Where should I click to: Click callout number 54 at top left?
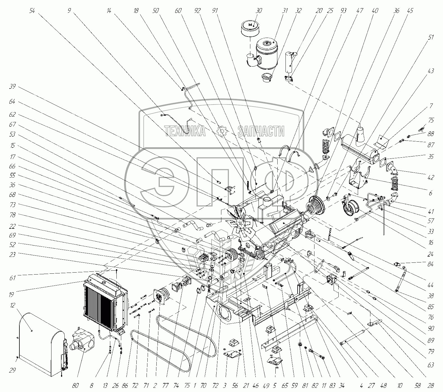[x=32, y=11]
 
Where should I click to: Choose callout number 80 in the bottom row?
[x=75, y=385]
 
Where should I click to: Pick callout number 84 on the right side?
[x=431, y=264]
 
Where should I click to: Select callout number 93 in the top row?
[x=343, y=11]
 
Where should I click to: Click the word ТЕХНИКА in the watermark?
[x=185, y=131]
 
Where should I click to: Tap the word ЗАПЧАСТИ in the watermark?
[x=261, y=131]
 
